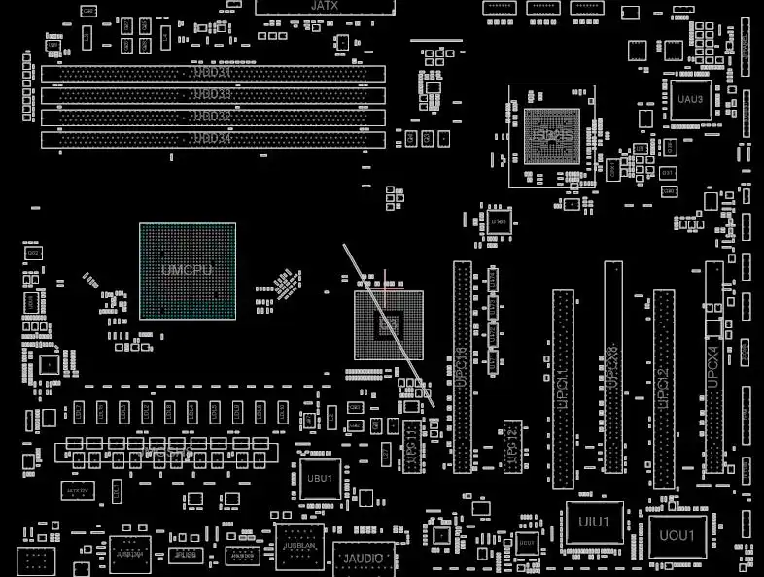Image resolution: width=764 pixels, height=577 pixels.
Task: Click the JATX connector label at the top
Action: (325, 6)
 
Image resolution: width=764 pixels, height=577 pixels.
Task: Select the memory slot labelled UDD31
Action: (213, 74)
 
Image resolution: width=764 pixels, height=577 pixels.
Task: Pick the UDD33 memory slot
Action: (213, 95)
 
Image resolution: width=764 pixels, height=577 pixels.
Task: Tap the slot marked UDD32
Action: (213, 117)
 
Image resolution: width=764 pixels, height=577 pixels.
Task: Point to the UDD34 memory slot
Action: (213, 139)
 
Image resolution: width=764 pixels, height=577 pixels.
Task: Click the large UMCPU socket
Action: (188, 271)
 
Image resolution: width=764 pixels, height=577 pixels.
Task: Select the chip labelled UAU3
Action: (690, 100)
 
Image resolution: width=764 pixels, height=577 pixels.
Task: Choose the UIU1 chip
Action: (593, 523)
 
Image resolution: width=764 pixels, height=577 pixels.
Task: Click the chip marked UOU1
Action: (677, 535)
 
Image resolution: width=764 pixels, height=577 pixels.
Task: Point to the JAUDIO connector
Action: (365, 559)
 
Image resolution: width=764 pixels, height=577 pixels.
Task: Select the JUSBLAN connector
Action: (299, 546)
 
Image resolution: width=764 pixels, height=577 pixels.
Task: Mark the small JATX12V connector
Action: (78, 492)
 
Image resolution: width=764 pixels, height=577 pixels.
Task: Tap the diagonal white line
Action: (387, 325)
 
